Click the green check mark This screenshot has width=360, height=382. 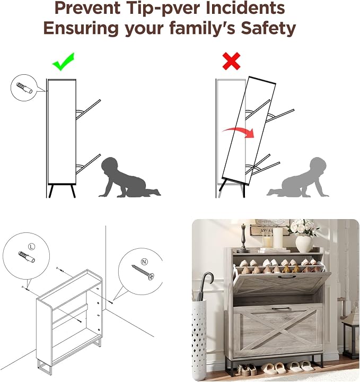(x=63, y=62)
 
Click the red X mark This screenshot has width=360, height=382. (x=232, y=61)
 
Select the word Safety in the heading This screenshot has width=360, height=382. (x=268, y=28)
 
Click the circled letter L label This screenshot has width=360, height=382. (x=31, y=247)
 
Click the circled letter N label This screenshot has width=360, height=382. (x=145, y=262)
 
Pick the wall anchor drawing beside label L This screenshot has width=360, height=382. (x=27, y=257)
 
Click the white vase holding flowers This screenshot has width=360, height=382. (x=304, y=244)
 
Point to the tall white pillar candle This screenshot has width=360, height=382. (x=278, y=238)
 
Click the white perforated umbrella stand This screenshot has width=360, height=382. (x=199, y=338)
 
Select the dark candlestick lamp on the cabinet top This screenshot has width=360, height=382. (x=243, y=237)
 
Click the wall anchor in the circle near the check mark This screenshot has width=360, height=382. (x=24, y=88)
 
